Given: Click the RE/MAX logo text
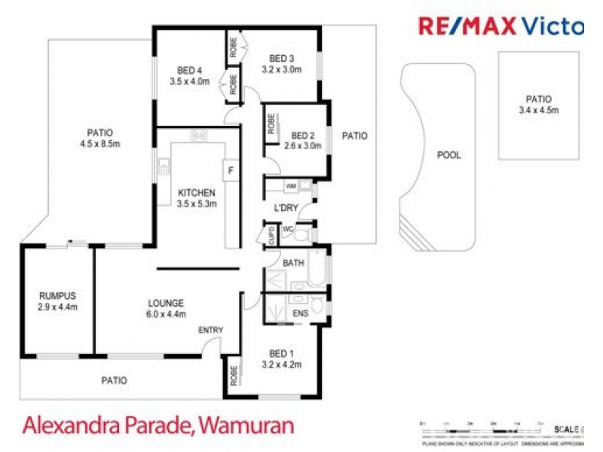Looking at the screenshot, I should (x=467, y=26).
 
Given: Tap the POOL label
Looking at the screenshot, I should (x=449, y=156).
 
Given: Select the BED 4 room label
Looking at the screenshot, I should (x=188, y=75).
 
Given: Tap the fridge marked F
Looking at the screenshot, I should (x=231, y=169).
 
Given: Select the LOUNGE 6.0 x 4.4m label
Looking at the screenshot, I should (x=167, y=309).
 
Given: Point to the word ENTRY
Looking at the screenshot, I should (x=210, y=331).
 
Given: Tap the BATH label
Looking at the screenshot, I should (x=293, y=263).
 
